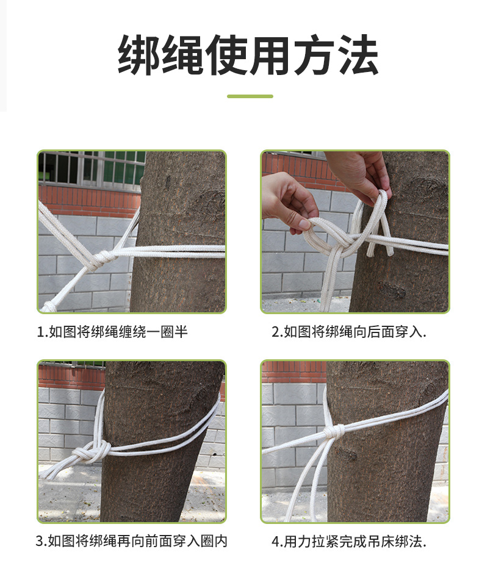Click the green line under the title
coord(250,96)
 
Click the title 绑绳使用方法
coord(248,56)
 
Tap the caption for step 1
coord(112,332)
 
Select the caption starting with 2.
coord(349,332)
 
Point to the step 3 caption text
coord(132,541)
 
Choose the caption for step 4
coord(349,542)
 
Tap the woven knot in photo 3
coord(92,452)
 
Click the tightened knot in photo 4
coord(334,432)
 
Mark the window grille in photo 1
coord(92,168)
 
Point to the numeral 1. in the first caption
coord(43,332)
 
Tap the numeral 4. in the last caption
coord(277,542)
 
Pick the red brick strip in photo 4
coord(293,372)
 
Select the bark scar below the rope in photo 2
coord(392,289)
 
